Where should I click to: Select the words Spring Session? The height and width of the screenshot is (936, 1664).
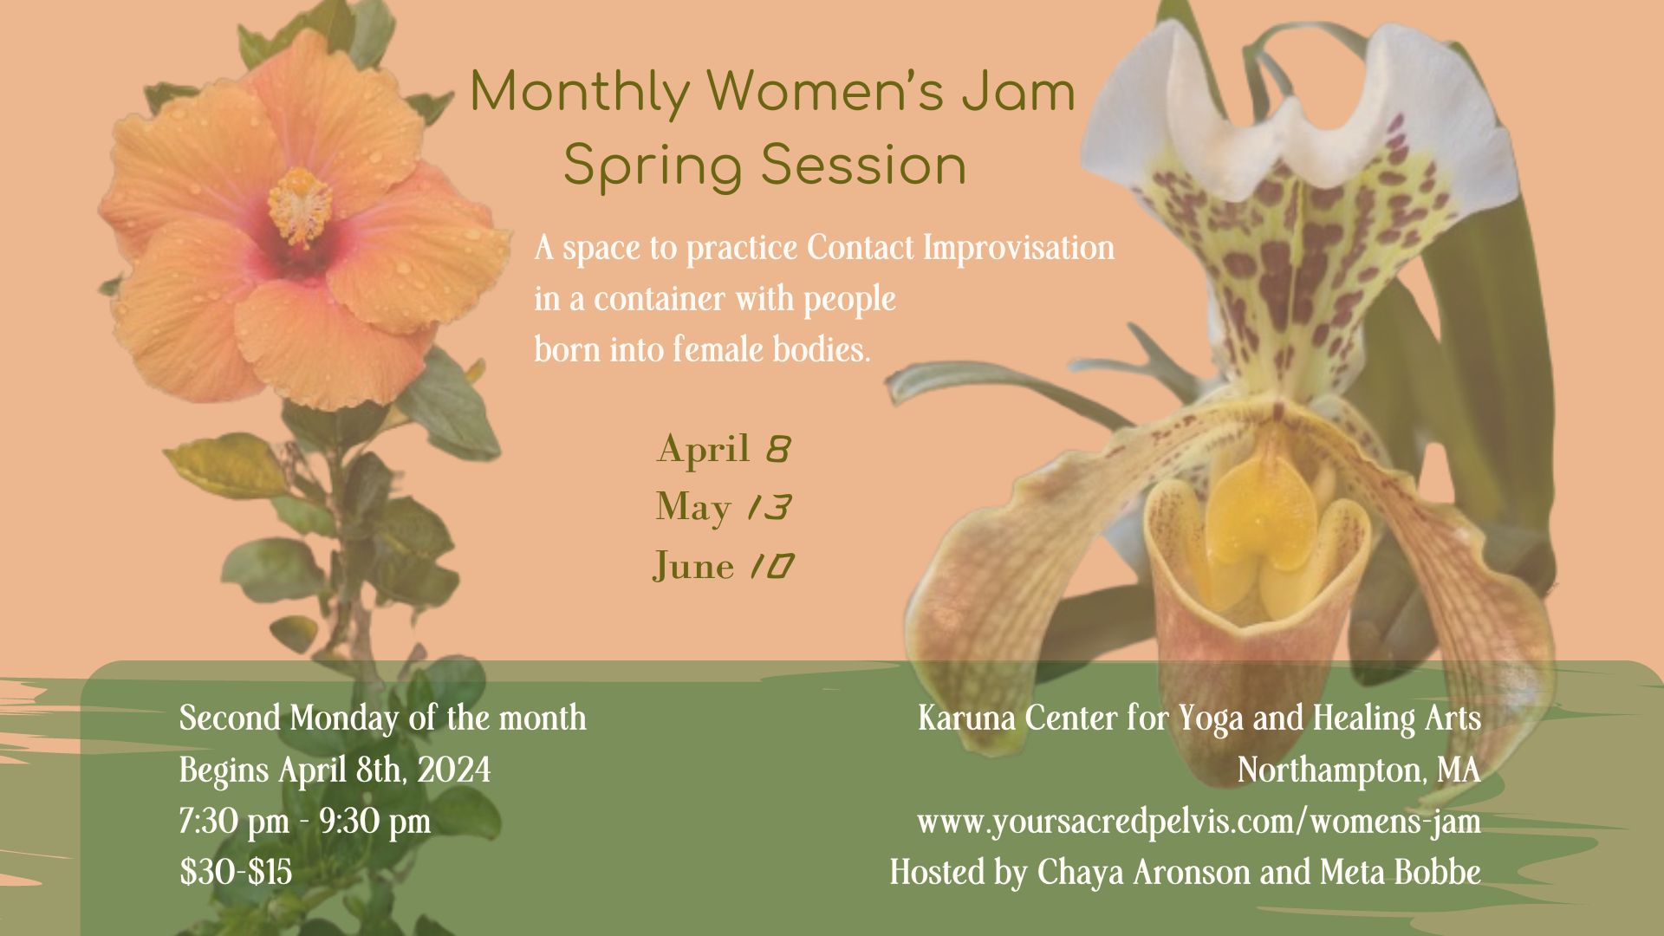click(764, 167)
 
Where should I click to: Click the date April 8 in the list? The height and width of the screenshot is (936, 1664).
click(725, 449)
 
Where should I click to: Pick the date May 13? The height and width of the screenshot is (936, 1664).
click(724, 508)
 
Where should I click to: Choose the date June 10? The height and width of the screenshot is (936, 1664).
click(724, 566)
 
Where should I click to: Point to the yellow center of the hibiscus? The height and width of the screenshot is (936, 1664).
click(300, 205)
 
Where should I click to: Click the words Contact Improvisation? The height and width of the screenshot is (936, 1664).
click(960, 249)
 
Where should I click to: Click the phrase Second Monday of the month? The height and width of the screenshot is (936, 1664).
click(383, 718)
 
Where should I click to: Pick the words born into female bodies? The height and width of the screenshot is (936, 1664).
click(702, 350)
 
